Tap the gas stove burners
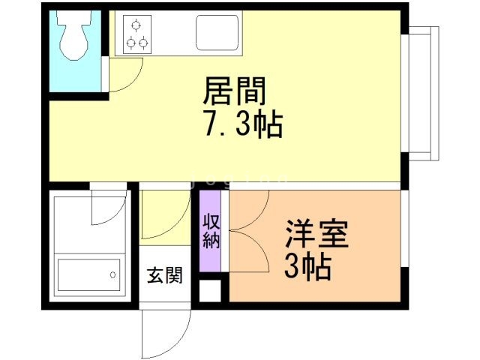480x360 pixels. coord(136,34)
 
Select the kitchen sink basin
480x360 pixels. coord(217,32)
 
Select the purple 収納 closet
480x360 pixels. coord(210,232)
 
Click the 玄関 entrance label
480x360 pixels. coord(164,275)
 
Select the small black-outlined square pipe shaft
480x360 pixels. coord(210,290)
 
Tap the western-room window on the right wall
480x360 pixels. coord(404,229)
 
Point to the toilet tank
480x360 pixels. coord(74,19)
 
